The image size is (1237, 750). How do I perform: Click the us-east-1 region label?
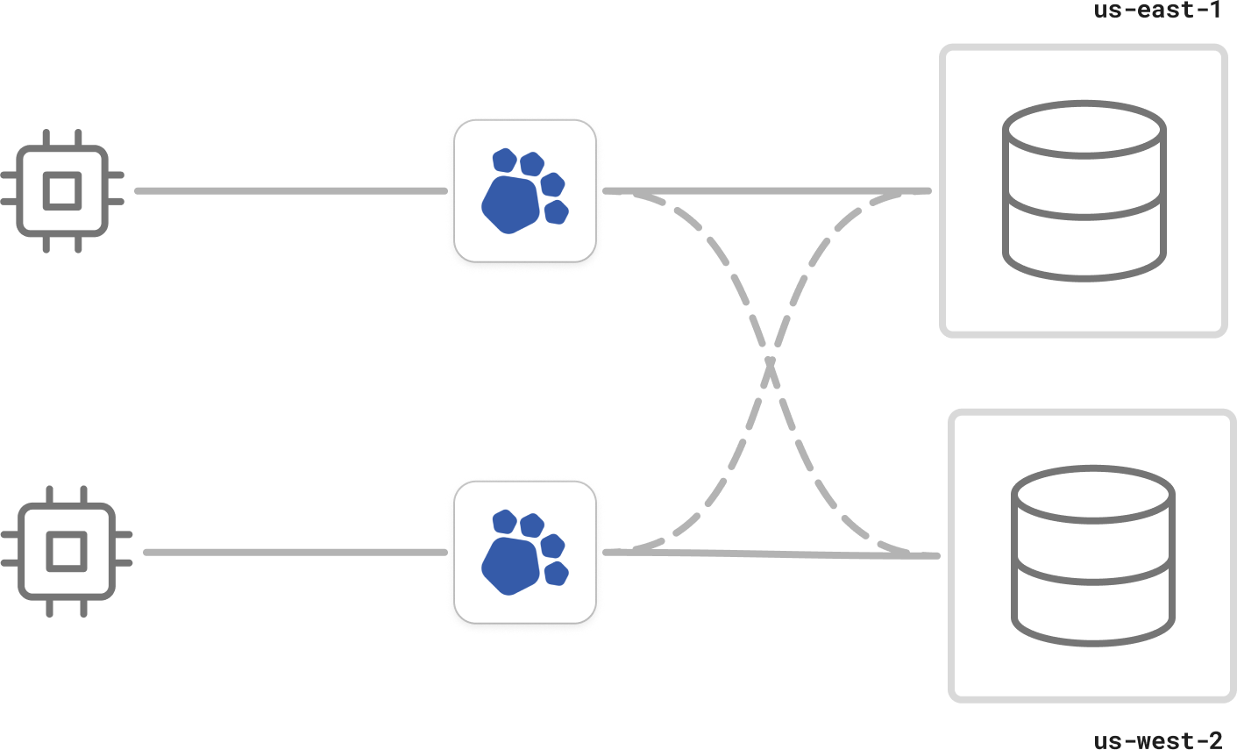(1157, 11)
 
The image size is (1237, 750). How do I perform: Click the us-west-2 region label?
(1157, 740)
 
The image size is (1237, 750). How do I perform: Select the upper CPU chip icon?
(62, 191)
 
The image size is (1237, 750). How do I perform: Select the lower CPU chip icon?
(67, 552)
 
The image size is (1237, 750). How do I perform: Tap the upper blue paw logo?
(525, 191)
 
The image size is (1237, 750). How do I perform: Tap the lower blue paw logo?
(525, 552)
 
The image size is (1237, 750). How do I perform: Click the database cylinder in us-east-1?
(1084, 191)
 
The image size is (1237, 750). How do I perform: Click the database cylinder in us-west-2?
(1092, 555)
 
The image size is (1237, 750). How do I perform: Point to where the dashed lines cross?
(771, 361)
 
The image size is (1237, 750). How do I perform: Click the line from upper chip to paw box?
(289, 190)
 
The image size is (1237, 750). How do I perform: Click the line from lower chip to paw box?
(294, 552)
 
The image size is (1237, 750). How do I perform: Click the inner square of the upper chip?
(62, 191)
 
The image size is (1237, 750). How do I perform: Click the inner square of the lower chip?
(67, 552)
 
